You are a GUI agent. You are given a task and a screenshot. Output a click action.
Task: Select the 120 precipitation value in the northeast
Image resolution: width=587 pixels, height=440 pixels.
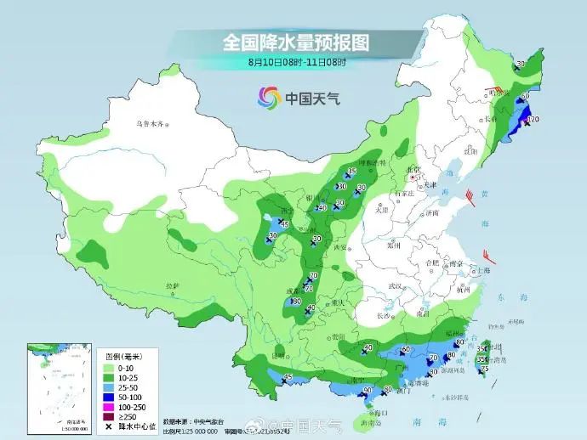[x=533, y=121]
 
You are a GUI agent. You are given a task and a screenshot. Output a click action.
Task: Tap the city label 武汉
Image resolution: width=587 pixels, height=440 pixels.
[x=393, y=285]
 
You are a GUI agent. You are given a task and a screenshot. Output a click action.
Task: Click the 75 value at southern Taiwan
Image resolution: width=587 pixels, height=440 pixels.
[x=484, y=369]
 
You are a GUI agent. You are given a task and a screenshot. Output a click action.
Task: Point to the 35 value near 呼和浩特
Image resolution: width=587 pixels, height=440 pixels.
[x=350, y=173]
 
